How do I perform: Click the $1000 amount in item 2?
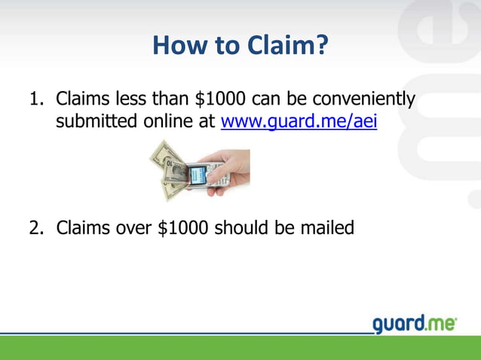(x=184, y=227)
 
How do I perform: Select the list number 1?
(x=35, y=99)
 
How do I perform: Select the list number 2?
(x=35, y=227)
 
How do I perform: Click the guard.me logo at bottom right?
(x=415, y=325)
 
